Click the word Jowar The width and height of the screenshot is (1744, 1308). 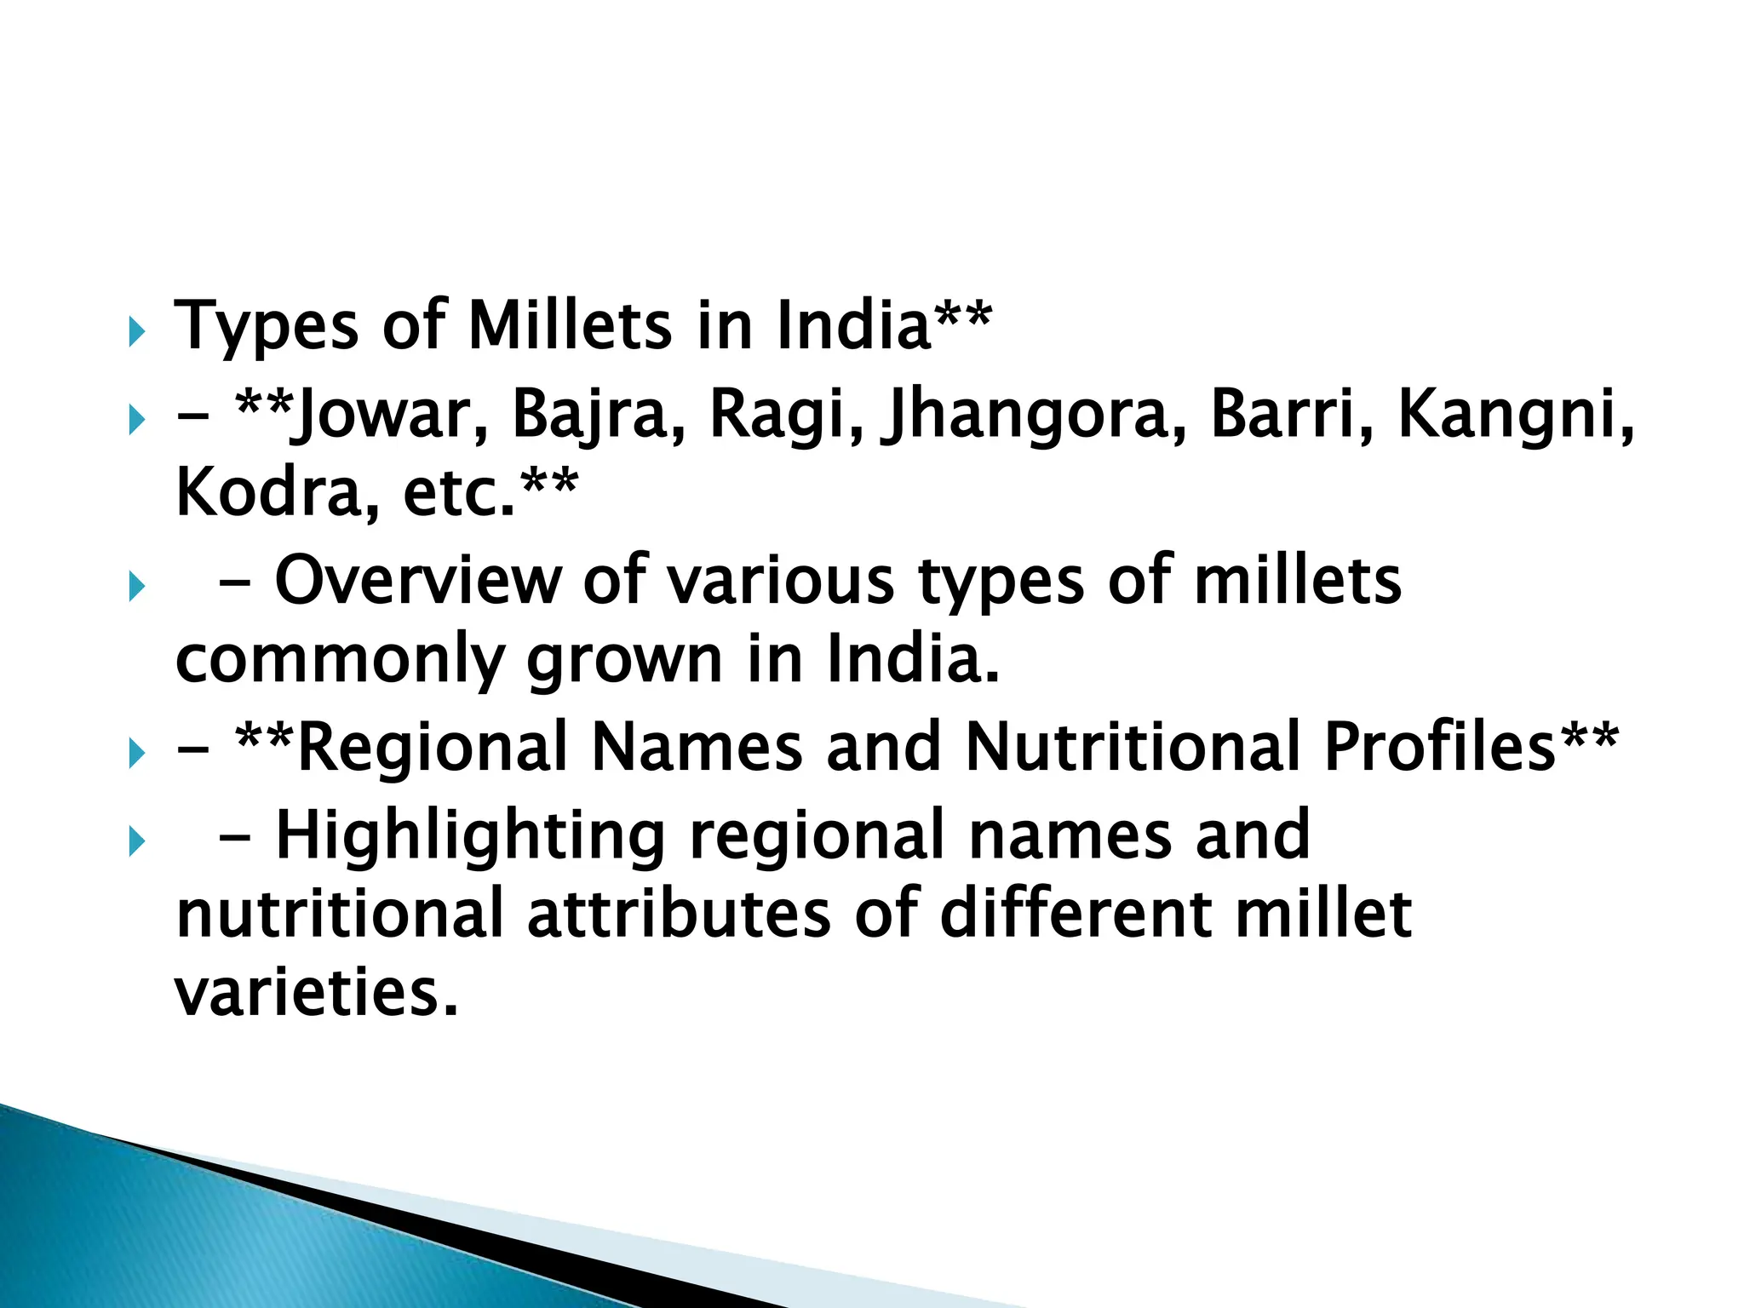click(x=388, y=415)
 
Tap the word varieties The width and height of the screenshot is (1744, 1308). click(x=316, y=993)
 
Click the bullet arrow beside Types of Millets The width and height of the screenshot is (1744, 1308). click(x=136, y=332)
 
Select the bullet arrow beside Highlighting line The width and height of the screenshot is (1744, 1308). click(x=136, y=842)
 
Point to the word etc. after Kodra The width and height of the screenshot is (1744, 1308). click(x=460, y=495)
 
